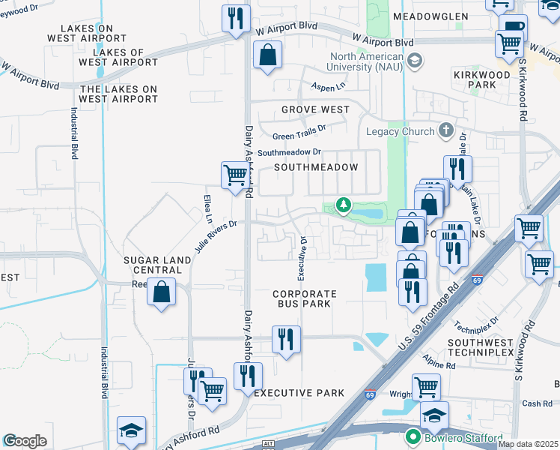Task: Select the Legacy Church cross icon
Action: point(446,131)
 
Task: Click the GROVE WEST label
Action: point(315,109)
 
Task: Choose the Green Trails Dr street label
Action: point(299,136)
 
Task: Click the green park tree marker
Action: point(343,205)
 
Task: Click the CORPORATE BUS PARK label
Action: point(305,298)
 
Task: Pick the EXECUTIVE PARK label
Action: point(299,393)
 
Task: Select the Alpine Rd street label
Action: point(439,362)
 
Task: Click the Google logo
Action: point(25,441)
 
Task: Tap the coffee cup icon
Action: point(514,28)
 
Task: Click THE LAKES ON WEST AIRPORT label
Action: point(118,94)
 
